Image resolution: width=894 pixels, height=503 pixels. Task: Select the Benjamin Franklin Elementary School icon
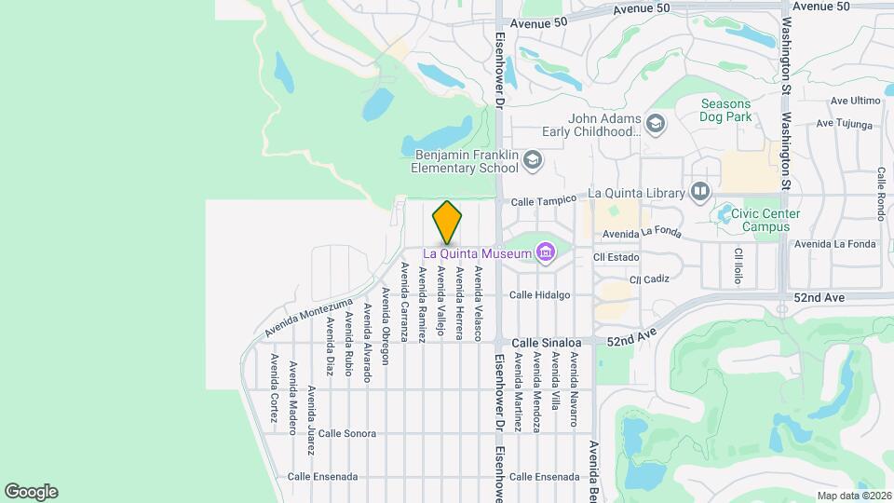click(532, 160)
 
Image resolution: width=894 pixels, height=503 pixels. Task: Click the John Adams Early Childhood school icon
click(656, 124)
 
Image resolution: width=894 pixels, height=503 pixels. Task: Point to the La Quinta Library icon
click(699, 192)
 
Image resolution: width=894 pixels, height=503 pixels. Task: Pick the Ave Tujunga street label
click(844, 123)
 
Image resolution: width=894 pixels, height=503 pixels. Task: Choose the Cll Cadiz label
click(649, 279)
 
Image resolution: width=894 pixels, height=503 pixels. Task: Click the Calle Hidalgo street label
click(539, 295)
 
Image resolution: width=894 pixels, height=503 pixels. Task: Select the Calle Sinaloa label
click(540, 342)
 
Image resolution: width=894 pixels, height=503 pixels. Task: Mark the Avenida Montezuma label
click(308, 318)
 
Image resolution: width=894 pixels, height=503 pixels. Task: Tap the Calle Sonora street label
click(346, 433)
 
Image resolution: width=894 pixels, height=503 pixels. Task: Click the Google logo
click(31, 492)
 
